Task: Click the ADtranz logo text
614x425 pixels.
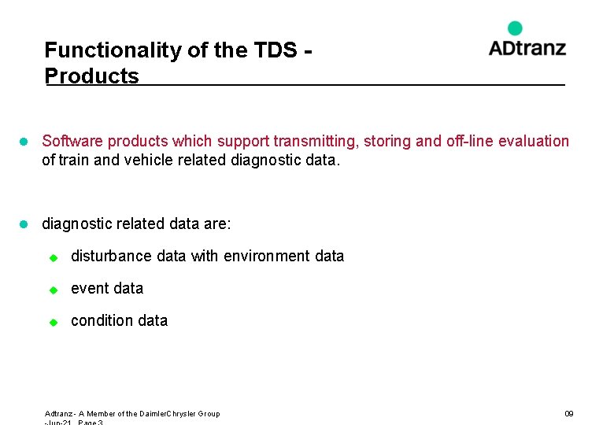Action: pyautogui.click(x=527, y=48)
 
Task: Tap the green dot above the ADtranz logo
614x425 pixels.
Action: pyautogui.click(x=515, y=28)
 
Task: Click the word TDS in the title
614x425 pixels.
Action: pyautogui.click(x=276, y=50)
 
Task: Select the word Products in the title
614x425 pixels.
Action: pyautogui.click(x=91, y=76)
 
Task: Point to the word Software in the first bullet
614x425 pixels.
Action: pyautogui.click(x=72, y=141)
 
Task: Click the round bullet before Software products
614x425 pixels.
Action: pyautogui.click(x=24, y=142)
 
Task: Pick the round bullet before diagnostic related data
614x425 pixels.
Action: pyautogui.click(x=24, y=224)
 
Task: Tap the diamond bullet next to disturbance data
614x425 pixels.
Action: pyautogui.click(x=54, y=257)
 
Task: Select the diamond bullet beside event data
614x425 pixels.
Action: pyautogui.click(x=54, y=289)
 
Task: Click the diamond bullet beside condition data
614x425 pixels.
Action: pyautogui.click(x=54, y=321)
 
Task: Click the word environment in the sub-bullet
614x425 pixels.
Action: pyautogui.click(x=268, y=256)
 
